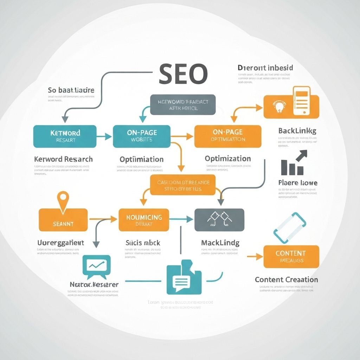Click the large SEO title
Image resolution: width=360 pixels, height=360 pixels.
pos(183,74)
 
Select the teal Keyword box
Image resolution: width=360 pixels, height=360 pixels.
pos(65,136)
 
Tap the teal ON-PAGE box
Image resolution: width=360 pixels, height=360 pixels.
pos(141,136)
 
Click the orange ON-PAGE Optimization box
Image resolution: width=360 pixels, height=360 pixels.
pos(228,136)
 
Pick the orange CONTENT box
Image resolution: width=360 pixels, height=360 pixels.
pos(291,257)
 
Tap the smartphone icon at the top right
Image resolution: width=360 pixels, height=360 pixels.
pos(302,101)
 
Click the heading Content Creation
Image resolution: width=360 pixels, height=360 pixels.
pos(286,279)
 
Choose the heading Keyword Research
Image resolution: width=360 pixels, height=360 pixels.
pos(63,159)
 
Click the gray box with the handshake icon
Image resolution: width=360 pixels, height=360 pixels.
pos(219,220)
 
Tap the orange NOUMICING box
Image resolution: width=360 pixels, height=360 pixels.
pos(144,220)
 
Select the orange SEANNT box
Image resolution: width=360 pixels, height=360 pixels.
pos(63,220)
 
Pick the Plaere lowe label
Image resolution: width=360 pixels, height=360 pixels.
pos(297,183)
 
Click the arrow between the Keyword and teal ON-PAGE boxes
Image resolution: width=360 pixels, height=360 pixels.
pos(104,136)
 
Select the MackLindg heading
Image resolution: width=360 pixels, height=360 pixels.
pos(220,243)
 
